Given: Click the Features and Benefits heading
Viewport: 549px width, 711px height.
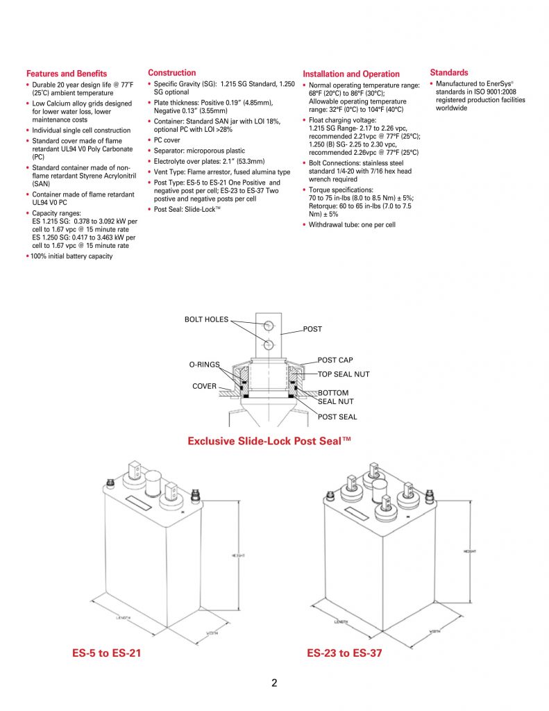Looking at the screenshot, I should pyautogui.click(x=67, y=74).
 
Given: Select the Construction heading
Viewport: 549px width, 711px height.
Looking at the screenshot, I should pyautogui.click(x=172, y=73).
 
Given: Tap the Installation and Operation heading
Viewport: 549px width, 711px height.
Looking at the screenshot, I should pyautogui.click(x=351, y=74).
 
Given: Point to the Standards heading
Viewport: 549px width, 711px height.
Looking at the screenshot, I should pyautogui.click(x=449, y=72).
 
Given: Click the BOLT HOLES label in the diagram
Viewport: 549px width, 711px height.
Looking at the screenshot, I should pyautogui.click(x=206, y=319).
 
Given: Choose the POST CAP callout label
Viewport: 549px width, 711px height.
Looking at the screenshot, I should pyautogui.click(x=336, y=360).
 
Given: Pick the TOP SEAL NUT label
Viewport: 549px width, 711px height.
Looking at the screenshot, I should pyautogui.click(x=344, y=374).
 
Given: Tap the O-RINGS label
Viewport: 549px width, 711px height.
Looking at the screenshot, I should pyautogui.click(x=204, y=364).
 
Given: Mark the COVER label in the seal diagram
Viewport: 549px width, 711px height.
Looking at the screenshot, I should pyautogui.click(x=205, y=386).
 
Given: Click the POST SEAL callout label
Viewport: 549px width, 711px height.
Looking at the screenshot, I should pyautogui.click(x=337, y=417).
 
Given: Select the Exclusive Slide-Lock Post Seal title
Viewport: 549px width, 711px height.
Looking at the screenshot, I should pyautogui.click(x=270, y=441).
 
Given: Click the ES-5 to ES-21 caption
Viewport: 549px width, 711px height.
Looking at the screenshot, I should pyautogui.click(x=107, y=653).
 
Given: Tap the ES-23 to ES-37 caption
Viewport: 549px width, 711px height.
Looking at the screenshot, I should pyautogui.click(x=344, y=653).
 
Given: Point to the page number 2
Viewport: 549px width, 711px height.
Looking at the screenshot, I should pyautogui.click(x=274, y=683).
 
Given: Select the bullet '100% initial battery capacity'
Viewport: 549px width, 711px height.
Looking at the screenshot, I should pyautogui.click(x=71, y=256).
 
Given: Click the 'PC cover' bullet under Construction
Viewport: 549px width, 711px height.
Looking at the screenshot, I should pyautogui.click(x=167, y=140).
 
